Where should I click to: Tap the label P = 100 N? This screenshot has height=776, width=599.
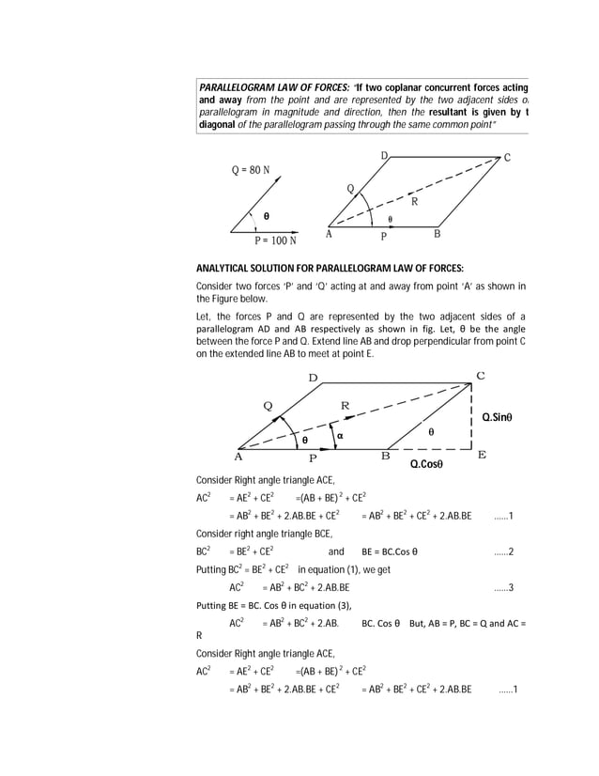[x=276, y=241]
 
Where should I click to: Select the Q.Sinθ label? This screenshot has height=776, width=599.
[x=503, y=416]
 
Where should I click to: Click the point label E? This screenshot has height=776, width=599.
[x=483, y=455]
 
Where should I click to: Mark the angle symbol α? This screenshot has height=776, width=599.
[x=341, y=435]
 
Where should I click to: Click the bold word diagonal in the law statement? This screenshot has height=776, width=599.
[x=219, y=125]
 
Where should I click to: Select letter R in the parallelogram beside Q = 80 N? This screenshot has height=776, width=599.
[x=413, y=201]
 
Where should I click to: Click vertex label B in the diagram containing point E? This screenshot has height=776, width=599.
[x=384, y=457]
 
